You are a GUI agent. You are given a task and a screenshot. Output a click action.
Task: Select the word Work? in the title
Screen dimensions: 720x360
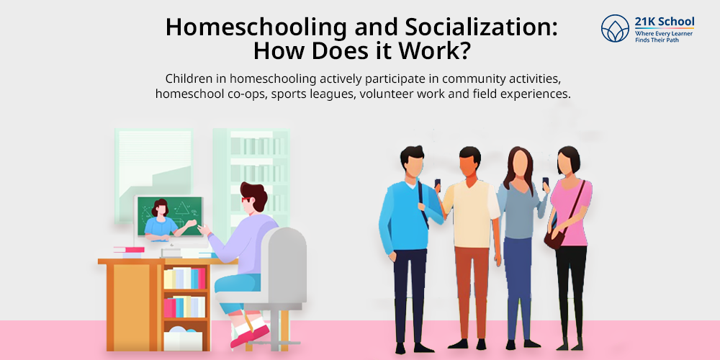coord(434,51)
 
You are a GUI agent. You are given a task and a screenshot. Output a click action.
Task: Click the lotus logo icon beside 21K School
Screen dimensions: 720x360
coord(615,29)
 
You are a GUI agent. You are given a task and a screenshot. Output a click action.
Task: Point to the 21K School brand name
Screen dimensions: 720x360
coord(665,22)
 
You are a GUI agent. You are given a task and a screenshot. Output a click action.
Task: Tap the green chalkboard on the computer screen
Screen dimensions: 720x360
coord(171,216)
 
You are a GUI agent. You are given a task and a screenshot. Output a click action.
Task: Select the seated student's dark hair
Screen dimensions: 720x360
coord(254,196)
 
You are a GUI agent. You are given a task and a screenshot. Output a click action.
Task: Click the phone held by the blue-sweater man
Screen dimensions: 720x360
coord(438,184)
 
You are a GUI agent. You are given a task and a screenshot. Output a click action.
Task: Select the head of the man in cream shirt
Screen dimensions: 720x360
coord(469,163)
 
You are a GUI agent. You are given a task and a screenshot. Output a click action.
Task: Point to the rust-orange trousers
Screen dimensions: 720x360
coord(472,294)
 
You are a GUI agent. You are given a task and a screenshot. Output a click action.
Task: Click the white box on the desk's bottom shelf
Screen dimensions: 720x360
coord(183,341)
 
